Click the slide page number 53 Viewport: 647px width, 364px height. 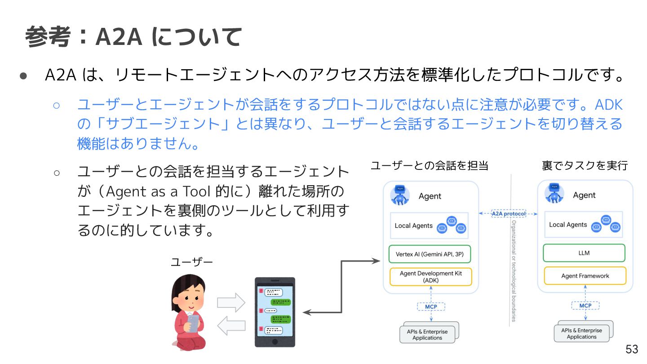pyautogui.click(x=632, y=349)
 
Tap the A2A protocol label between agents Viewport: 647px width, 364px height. pyautogui.click(x=508, y=214)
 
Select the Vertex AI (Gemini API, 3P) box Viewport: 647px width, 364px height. pyautogui.click(x=430, y=254)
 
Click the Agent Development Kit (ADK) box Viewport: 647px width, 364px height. pyautogui.click(x=430, y=277)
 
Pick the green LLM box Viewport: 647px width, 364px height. pyautogui.click(x=584, y=253)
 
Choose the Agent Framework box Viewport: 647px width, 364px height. pyautogui.click(x=585, y=276)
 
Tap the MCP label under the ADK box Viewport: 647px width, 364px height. pyautogui.click(x=430, y=306)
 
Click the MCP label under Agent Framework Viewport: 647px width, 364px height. pyautogui.click(x=585, y=306)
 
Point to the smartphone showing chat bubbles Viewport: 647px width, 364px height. pyautogui.click(x=275, y=312)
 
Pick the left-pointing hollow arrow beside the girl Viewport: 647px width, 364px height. pyautogui.click(x=231, y=325)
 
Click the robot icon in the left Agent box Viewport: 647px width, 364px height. pyautogui.click(x=400, y=194)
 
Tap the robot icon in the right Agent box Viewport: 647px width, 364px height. pyautogui.click(x=554, y=193)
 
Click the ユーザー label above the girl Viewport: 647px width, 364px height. pyautogui.click(x=191, y=262)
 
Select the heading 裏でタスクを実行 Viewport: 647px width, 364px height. pyautogui.click(x=585, y=166)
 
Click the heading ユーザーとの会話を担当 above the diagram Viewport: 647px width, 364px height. pyautogui.click(x=429, y=166)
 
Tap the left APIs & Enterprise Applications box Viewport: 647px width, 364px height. pyautogui.click(x=427, y=335)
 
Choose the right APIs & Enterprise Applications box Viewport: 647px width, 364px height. pyautogui.click(x=581, y=333)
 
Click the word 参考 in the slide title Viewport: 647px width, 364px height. pyautogui.click(x=47, y=37)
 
